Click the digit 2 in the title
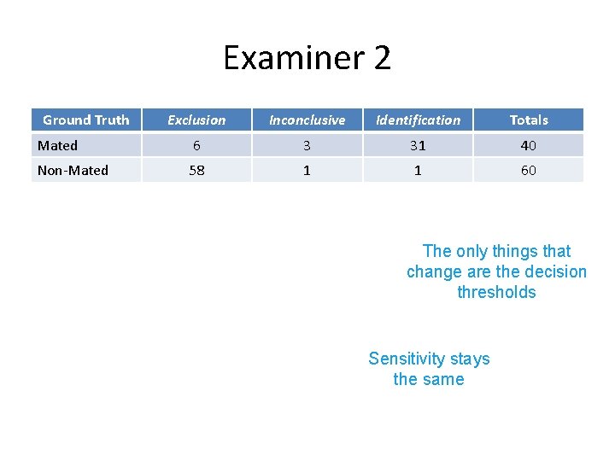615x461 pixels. pyautogui.click(x=382, y=58)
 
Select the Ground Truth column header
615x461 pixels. pyautogui.click(x=85, y=120)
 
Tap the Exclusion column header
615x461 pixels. pyautogui.click(x=196, y=120)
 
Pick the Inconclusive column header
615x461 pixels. pyautogui.click(x=307, y=120)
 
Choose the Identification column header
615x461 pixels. pyautogui.click(x=418, y=120)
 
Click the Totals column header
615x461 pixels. pyautogui.click(x=529, y=120)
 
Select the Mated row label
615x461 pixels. pyautogui.click(x=57, y=146)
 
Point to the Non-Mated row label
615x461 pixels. pyautogui.click(x=73, y=171)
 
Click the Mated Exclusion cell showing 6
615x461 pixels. pyautogui.click(x=196, y=146)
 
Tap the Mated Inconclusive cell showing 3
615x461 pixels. pyautogui.click(x=307, y=146)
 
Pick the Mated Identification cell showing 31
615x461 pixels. pyautogui.click(x=418, y=146)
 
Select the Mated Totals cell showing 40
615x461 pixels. pyautogui.click(x=529, y=146)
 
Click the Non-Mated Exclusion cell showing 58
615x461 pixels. pyautogui.click(x=196, y=171)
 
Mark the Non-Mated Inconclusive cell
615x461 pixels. pyautogui.click(x=307, y=171)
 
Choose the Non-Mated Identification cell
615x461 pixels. pyautogui.click(x=418, y=171)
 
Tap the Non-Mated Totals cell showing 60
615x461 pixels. pyautogui.click(x=529, y=171)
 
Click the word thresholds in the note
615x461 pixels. pyautogui.click(x=496, y=293)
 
